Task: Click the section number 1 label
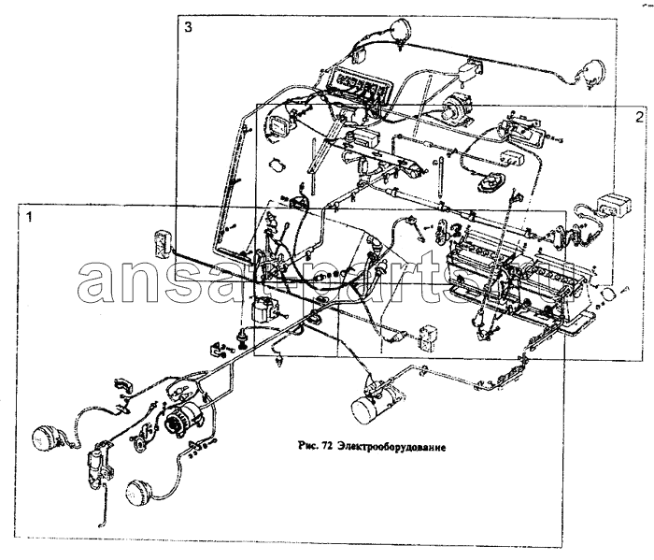pyautogui.click(x=29, y=217)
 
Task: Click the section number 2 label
pyautogui.click(x=639, y=117)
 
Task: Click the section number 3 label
pyautogui.click(x=189, y=28)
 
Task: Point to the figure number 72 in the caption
pyautogui.click(x=327, y=447)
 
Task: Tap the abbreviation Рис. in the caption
pyautogui.click(x=308, y=447)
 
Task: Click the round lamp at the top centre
pyautogui.click(x=401, y=30)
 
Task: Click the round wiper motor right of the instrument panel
pyautogui.click(x=456, y=108)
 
